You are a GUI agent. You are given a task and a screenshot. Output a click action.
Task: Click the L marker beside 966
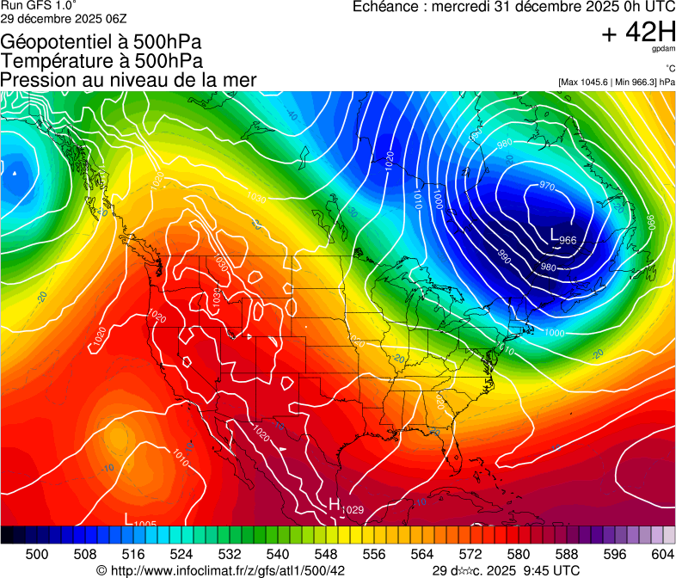coord(555,233)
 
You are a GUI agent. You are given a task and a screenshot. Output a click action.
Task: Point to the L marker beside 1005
coord(128,519)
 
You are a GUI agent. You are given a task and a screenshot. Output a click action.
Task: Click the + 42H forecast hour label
coord(638,33)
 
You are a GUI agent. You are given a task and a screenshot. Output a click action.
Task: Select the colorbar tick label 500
coord(37,555)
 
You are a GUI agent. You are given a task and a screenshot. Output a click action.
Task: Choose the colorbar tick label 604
coord(663,555)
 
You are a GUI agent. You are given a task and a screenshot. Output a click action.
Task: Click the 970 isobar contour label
coord(547,186)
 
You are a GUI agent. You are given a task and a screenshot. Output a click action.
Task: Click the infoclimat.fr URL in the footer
coord(227,570)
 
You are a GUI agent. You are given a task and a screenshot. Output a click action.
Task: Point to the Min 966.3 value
coord(634,82)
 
